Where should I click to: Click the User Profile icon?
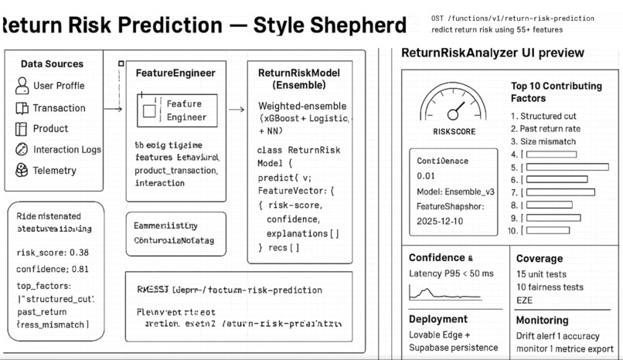tap(22, 86)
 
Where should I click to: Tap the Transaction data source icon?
tap(22, 108)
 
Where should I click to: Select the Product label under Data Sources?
tap(50, 128)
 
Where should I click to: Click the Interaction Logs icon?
tap(22, 150)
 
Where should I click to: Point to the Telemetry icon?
tap(22, 171)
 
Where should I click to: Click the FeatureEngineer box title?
tap(175, 73)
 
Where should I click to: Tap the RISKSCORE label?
tap(453, 131)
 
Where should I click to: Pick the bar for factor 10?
tap(547, 230)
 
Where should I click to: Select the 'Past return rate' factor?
tap(552, 129)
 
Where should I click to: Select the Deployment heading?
tap(438, 319)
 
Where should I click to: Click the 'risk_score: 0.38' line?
tap(52, 253)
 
